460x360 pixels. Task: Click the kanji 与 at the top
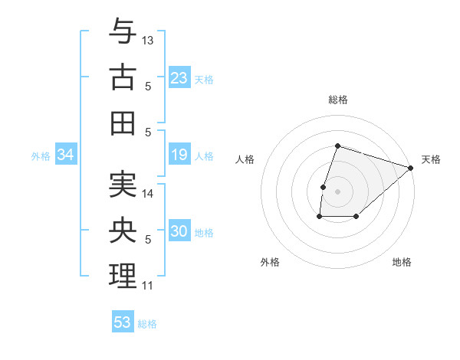(x=123, y=32)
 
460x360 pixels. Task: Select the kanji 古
(x=123, y=78)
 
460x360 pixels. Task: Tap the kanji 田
(x=123, y=123)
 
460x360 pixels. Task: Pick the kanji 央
(x=123, y=231)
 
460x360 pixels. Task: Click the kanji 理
(x=123, y=276)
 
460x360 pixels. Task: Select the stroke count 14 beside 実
(x=149, y=194)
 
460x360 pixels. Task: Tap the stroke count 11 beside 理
(x=148, y=286)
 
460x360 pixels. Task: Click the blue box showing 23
(x=179, y=78)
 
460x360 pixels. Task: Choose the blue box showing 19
(x=179, y=155)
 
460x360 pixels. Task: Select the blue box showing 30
(x=179, y=232)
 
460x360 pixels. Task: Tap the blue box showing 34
(x=65, y=155)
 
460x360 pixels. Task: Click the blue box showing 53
(x=123, y=322)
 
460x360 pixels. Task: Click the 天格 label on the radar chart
(x=431, y=159)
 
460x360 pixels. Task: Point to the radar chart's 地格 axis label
(x=402, y=262)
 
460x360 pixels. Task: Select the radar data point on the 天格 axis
(x=411, y=168)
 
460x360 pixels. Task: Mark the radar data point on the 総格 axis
(x=337, y=146)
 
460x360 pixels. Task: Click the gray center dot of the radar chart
(x=337, y=191)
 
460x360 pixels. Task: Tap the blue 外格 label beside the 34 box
(x=41, y=156)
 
